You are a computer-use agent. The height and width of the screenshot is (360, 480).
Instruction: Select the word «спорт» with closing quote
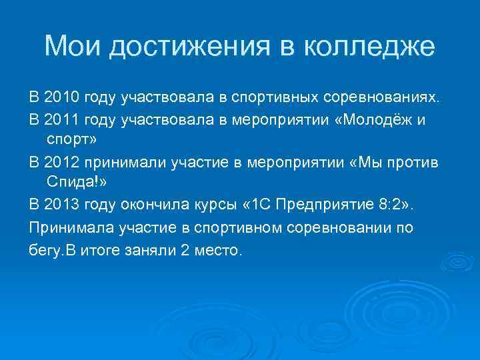(72, 141)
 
